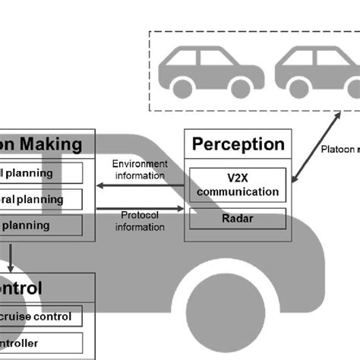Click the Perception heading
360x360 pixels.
pyautogui.click(x=238, y=144)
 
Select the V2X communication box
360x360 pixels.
pyautogui.click(x=238, y=185)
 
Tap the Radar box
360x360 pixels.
pyautogui.click(x=238, y=219)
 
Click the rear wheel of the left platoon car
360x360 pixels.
pyautogui.click(x=182, y=87)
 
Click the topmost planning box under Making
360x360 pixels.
pyautogui.click(x=42, y=173)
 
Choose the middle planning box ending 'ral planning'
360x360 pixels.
pyautogui.click(x=42, y=199)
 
